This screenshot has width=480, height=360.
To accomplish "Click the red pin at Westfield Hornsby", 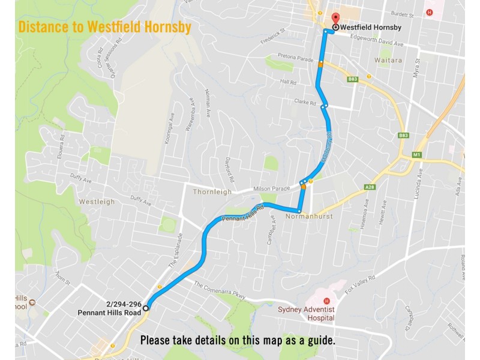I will pyautogui.click(x=335, y=18).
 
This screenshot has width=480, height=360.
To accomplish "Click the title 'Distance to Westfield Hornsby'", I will pyautogui.click(x=104, y=27).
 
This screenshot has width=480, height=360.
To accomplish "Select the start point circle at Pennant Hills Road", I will pyautogui.click(x=146, y=308).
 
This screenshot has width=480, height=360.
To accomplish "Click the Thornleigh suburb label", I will pyautogui.click(x=212, y=192).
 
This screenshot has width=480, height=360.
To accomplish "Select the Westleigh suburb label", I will pyautogui.click(x=97, y=202).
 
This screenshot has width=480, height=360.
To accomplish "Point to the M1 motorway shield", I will pyautogui.click(x=416, y=155).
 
